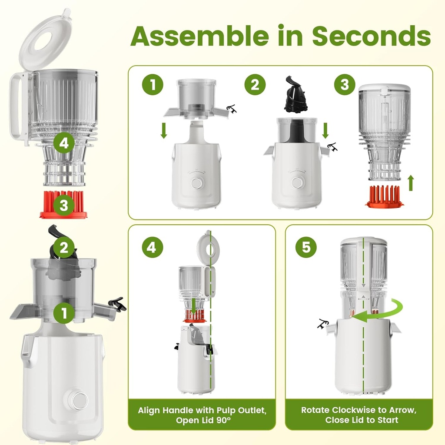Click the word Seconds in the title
[x=372, y=36]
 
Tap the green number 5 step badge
[x=306, y=247]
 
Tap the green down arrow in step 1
[x=163, y=130]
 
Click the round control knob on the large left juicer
[x=78, y=400]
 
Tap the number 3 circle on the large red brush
[x=64, y=206]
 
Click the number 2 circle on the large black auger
[x=64, y=248]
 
